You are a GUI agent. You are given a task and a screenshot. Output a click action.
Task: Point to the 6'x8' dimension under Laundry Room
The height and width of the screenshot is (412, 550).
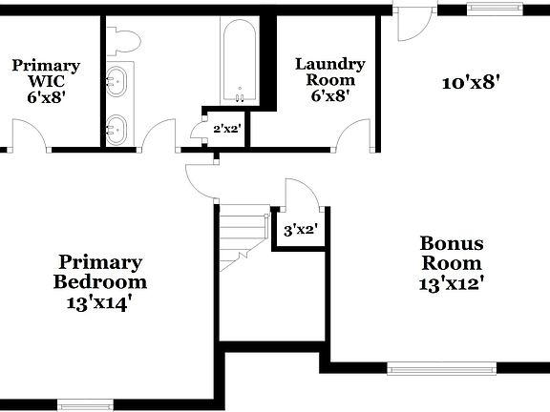[329, 95]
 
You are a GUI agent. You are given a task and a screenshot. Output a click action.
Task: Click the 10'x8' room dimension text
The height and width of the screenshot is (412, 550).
[472, 82]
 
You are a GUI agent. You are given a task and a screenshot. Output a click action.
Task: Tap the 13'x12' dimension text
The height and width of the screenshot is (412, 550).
[453, 282]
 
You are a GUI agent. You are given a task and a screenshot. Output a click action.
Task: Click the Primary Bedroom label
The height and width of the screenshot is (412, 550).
[99, 272]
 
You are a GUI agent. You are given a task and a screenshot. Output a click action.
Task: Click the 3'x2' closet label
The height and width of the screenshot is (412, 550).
[300, 229]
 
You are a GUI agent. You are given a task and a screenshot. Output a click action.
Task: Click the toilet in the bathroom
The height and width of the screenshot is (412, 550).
[124, 39]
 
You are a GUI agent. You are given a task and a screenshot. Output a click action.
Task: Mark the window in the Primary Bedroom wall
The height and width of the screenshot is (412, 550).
[87, 403]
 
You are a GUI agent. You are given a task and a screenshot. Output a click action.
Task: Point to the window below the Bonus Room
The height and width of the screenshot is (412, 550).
[441, 367]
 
